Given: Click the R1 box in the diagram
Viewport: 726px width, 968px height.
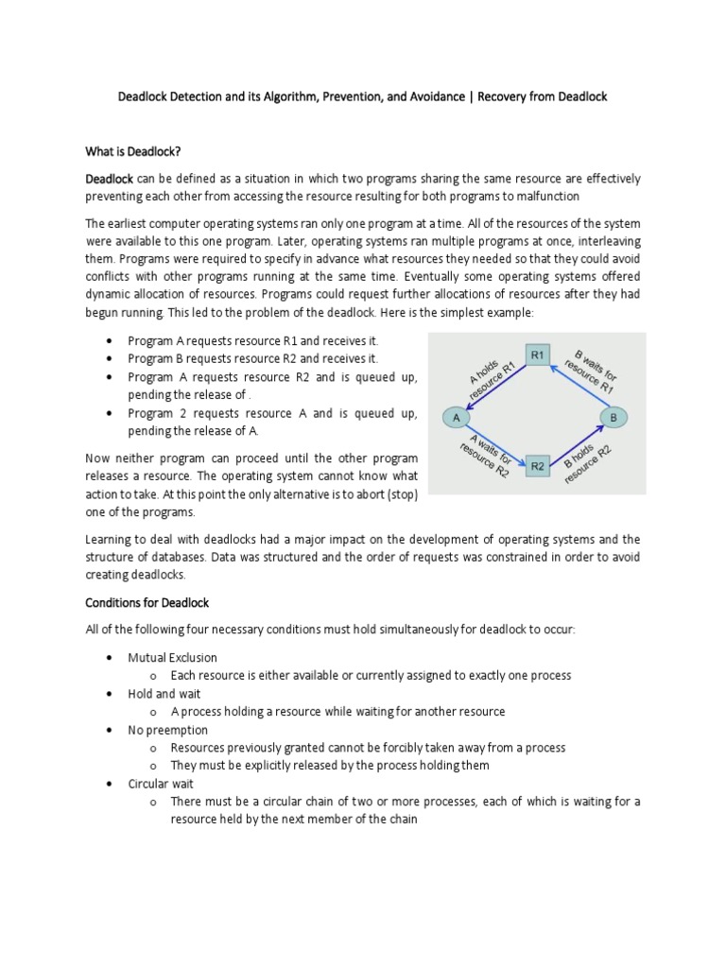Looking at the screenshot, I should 537,354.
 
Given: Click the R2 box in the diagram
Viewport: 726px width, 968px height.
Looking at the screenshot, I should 537,465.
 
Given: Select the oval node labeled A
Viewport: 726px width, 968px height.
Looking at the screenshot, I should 457,416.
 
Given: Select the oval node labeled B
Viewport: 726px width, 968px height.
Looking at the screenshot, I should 614,416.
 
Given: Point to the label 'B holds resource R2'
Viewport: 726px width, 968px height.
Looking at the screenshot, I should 589,458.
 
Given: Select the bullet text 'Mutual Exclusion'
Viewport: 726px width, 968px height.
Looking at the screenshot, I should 172,657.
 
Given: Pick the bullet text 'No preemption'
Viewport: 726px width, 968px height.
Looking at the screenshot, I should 168,730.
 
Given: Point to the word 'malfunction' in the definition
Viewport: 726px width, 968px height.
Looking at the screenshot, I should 546,196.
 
